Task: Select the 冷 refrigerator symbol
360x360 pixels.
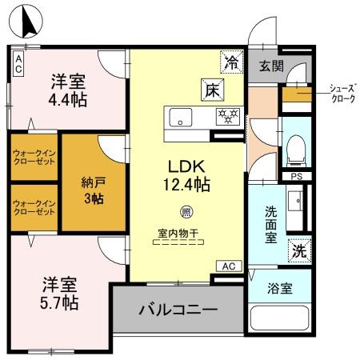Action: [x=232, y=59]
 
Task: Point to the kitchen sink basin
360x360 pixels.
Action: [x=178, y=117]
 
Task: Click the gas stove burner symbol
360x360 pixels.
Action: [x=229, y=117]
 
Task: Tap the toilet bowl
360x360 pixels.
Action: [x=294, y=147]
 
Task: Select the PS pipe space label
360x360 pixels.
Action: [x=296, y=177]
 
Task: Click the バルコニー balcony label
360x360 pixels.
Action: [x=178, y=310]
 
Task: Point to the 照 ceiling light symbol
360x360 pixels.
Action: [x=186, y=212]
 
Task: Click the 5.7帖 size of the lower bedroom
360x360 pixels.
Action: [x=60, y=303]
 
